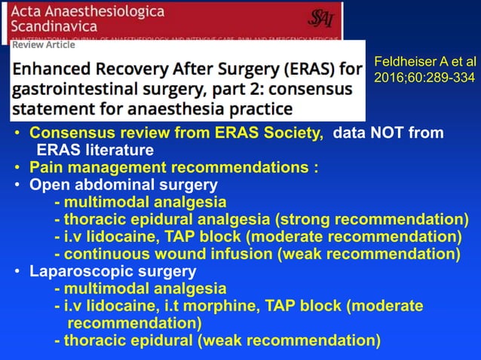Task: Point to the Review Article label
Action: (44, 44)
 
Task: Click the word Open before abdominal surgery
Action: (47, 185)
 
